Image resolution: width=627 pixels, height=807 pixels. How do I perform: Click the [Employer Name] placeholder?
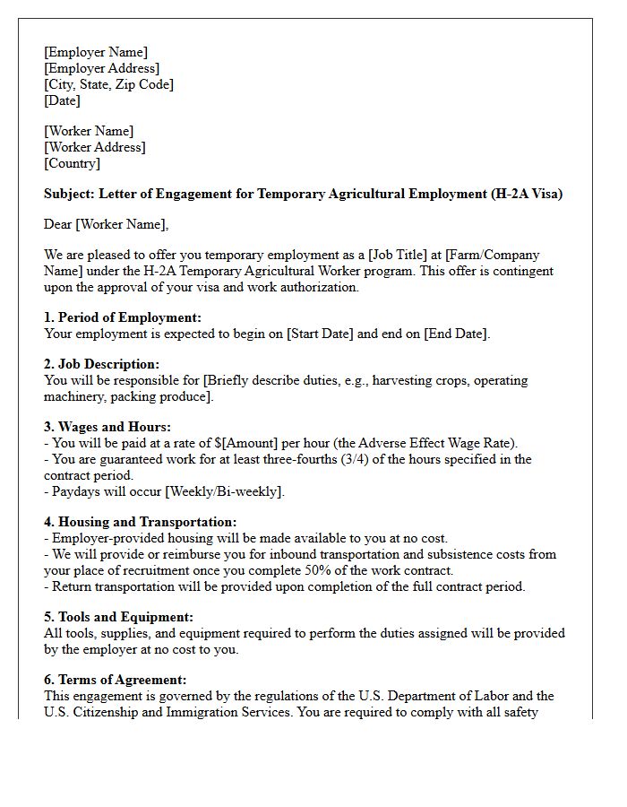(x=96, y=52)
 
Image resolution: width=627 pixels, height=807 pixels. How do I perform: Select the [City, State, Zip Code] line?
(x=108, y=84)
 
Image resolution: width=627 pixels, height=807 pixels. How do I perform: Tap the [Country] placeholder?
(x=72, y=163)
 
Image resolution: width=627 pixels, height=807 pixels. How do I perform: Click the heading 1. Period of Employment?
(x=123, y=317)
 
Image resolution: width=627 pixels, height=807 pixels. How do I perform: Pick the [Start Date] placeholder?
(x=321, y=334)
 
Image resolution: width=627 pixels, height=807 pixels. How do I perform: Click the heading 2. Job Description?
(x=101, y=364)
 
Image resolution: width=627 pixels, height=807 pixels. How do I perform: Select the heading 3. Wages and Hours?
(x=107, y=427)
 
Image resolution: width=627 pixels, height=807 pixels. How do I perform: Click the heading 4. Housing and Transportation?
(x=140, y=522)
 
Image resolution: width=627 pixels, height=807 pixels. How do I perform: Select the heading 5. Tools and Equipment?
(x=118, y=617)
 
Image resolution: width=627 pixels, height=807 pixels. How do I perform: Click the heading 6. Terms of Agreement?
(x=115, y=680)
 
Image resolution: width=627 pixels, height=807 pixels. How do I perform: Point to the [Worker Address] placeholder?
(x=94, y=147)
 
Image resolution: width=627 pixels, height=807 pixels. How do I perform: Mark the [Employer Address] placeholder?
(x=101, y=68)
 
